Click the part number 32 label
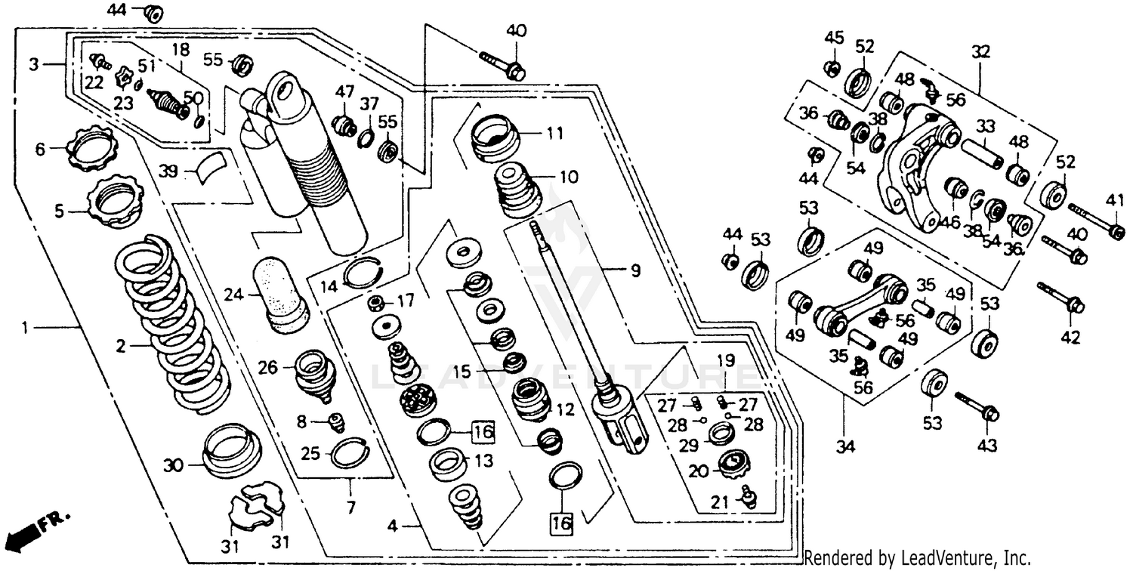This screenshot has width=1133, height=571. tap(980, 51)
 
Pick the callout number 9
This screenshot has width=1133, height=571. tap(634, 268)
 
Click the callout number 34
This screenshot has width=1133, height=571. tap(845, 447)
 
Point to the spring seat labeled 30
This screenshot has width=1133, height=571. tap(233, 452)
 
